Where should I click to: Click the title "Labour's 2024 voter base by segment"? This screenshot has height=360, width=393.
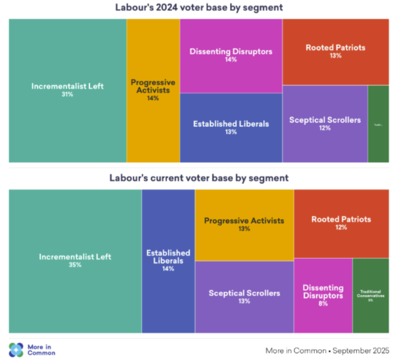click(199, 7)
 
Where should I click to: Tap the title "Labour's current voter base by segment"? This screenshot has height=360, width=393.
click(199, 178)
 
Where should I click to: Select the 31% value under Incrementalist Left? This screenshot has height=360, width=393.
click(67, 94)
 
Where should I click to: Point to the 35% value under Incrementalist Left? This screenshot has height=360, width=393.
click(75, 265)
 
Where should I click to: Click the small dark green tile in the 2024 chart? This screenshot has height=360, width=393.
click(378, 124)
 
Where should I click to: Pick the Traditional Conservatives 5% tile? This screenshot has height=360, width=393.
click(370, 295)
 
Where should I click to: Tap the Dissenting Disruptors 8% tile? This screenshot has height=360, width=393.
click(323, 295)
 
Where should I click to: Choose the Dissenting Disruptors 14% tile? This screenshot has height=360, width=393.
click(231, 56)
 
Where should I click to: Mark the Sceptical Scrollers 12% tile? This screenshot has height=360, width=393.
click(325, 123)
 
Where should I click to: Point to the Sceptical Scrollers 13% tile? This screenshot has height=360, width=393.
click(244, 297)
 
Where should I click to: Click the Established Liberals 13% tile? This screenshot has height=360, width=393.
click(231, 128)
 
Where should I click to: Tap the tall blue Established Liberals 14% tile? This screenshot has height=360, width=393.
click(168, 261)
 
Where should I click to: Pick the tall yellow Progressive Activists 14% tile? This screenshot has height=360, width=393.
click(153, 90)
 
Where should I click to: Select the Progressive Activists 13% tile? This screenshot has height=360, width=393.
click(244, 225)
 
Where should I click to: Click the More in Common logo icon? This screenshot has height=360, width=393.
click(17, 350)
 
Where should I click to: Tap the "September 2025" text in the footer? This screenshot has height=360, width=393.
click(361, 350)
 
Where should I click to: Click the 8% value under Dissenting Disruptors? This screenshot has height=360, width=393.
click(323, 303)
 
